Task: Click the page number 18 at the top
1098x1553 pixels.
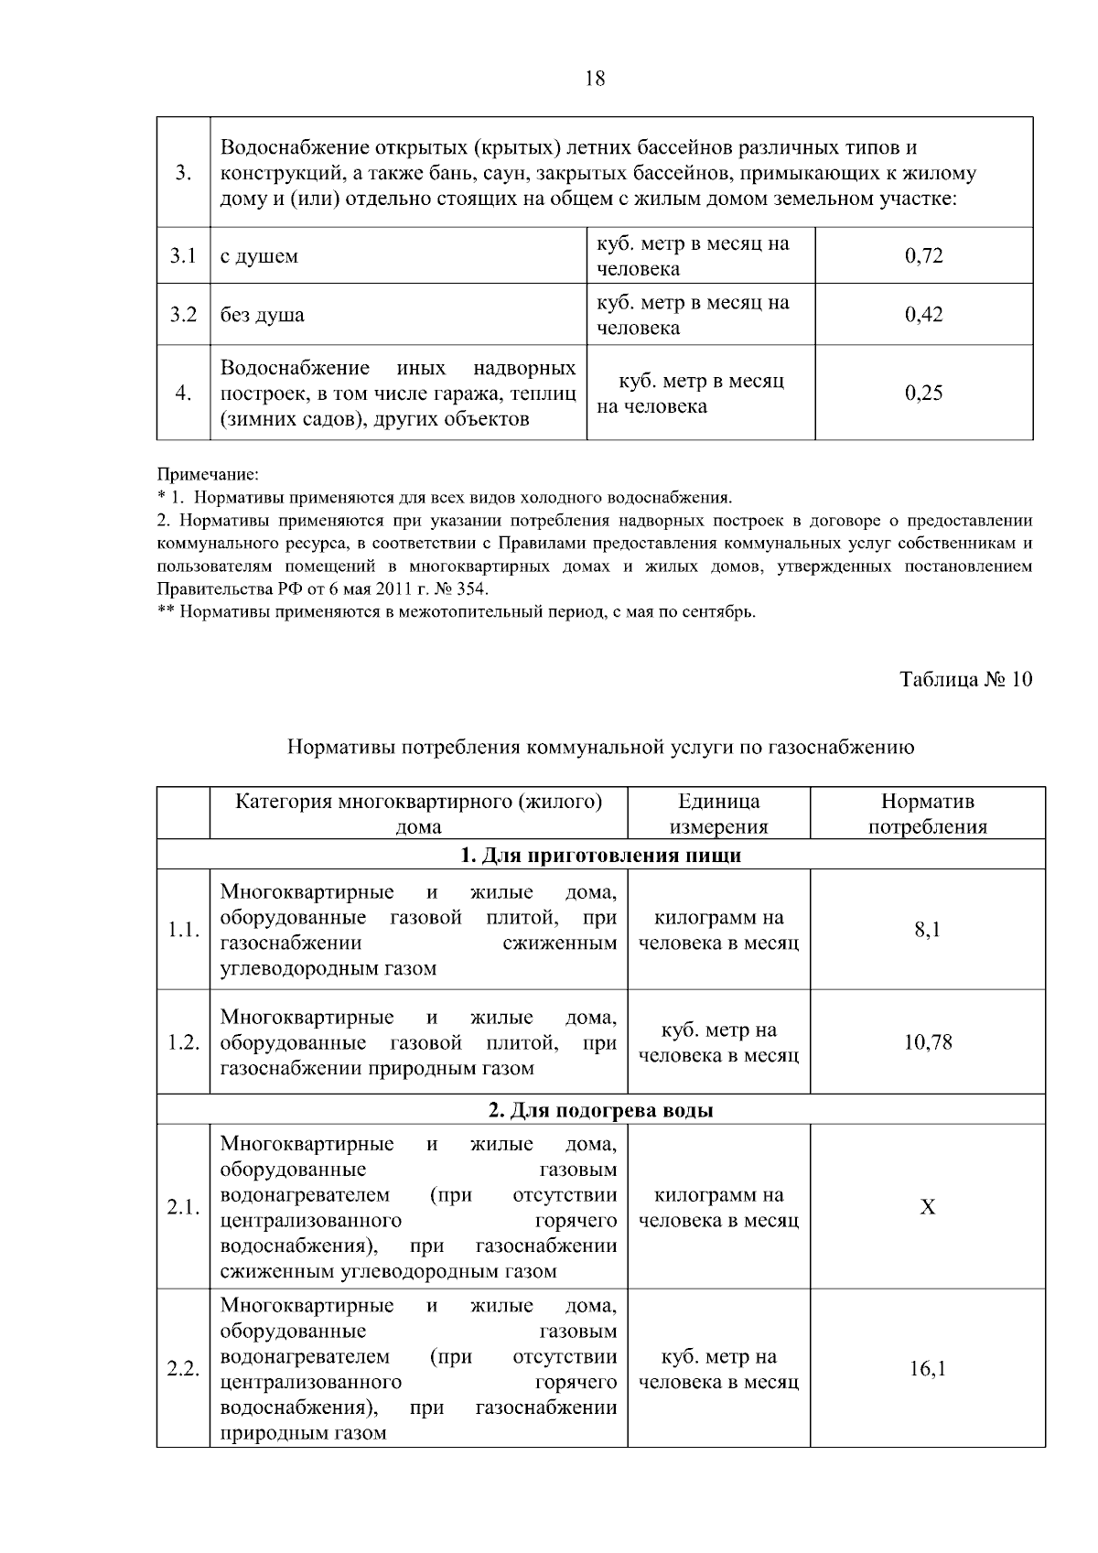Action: click(x=594, y=79)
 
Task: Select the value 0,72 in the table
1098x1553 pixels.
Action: click(x=923, y=256)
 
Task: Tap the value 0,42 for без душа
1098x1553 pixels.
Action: click(x=923, y=315)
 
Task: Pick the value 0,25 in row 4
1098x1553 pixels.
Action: click(x=923, y=394)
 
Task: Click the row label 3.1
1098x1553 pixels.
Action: click(x=183, y=256)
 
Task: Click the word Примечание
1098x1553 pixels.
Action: click(x=209, y=475)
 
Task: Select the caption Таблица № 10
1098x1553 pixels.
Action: click(x=965, y=680)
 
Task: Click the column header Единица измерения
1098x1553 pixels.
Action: click(x=718, y=814)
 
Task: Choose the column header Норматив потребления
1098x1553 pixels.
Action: click(x=927, y=814)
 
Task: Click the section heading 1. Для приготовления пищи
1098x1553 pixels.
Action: click(x=599, y=856)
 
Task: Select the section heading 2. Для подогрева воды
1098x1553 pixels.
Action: click(x=599, y=1110)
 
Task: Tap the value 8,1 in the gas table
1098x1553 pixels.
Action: click(x=927, y=931)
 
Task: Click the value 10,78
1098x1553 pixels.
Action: click(x=927, y=1042)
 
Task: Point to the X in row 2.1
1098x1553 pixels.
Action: click(x=927, y=1208)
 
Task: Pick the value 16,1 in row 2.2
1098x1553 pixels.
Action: click(x=927, y=1369)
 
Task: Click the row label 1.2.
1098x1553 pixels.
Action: click(x=183, y=1043)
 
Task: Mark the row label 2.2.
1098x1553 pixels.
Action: click(x=183, y=1370)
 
